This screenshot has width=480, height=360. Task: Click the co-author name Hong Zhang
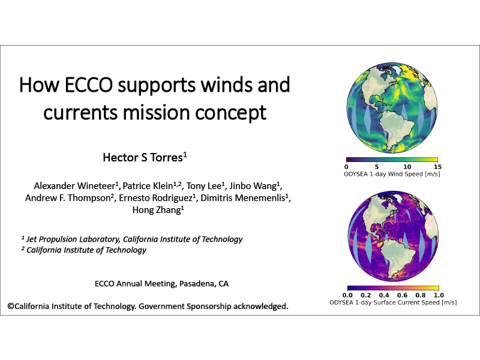coord(155,211)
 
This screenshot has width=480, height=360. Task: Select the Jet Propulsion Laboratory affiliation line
coord(132,239)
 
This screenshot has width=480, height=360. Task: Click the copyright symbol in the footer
coord(11,306)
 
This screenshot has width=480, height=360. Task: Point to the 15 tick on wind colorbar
coord(437,166)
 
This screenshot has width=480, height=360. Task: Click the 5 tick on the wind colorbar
coord(377,166)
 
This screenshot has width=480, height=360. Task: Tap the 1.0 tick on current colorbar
coord(438,295)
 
